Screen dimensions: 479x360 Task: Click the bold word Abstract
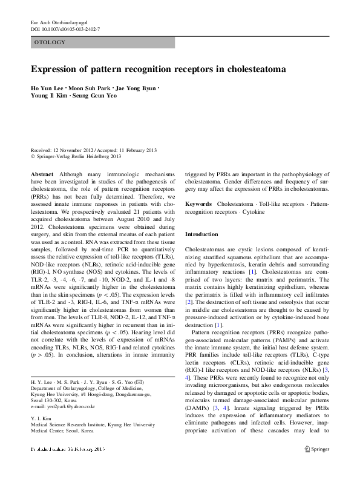coord(42,173)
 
